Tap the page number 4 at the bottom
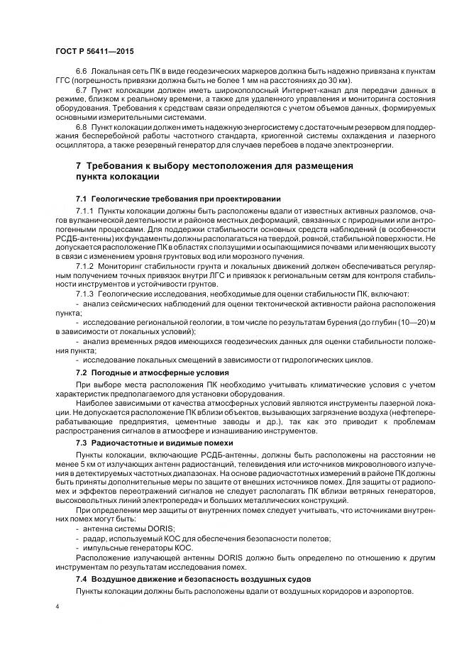point(57,607)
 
